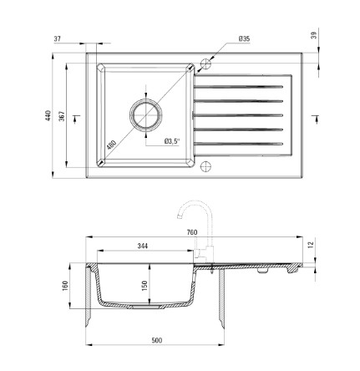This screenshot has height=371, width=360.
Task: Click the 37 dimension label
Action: [57, 38]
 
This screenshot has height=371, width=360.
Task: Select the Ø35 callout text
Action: [244, 38]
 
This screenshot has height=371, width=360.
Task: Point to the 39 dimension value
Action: [314, 35]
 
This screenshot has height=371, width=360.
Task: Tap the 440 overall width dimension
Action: [48, 115]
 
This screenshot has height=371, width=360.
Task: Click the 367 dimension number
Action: [62, 116]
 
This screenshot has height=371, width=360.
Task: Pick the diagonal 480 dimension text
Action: [111, 145]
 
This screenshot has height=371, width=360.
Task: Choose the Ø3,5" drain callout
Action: [171, 141]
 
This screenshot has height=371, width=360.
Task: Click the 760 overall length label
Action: [192, 232]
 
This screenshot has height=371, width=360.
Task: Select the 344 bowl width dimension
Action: [143, 246]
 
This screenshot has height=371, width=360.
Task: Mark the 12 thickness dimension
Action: [312, 245]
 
